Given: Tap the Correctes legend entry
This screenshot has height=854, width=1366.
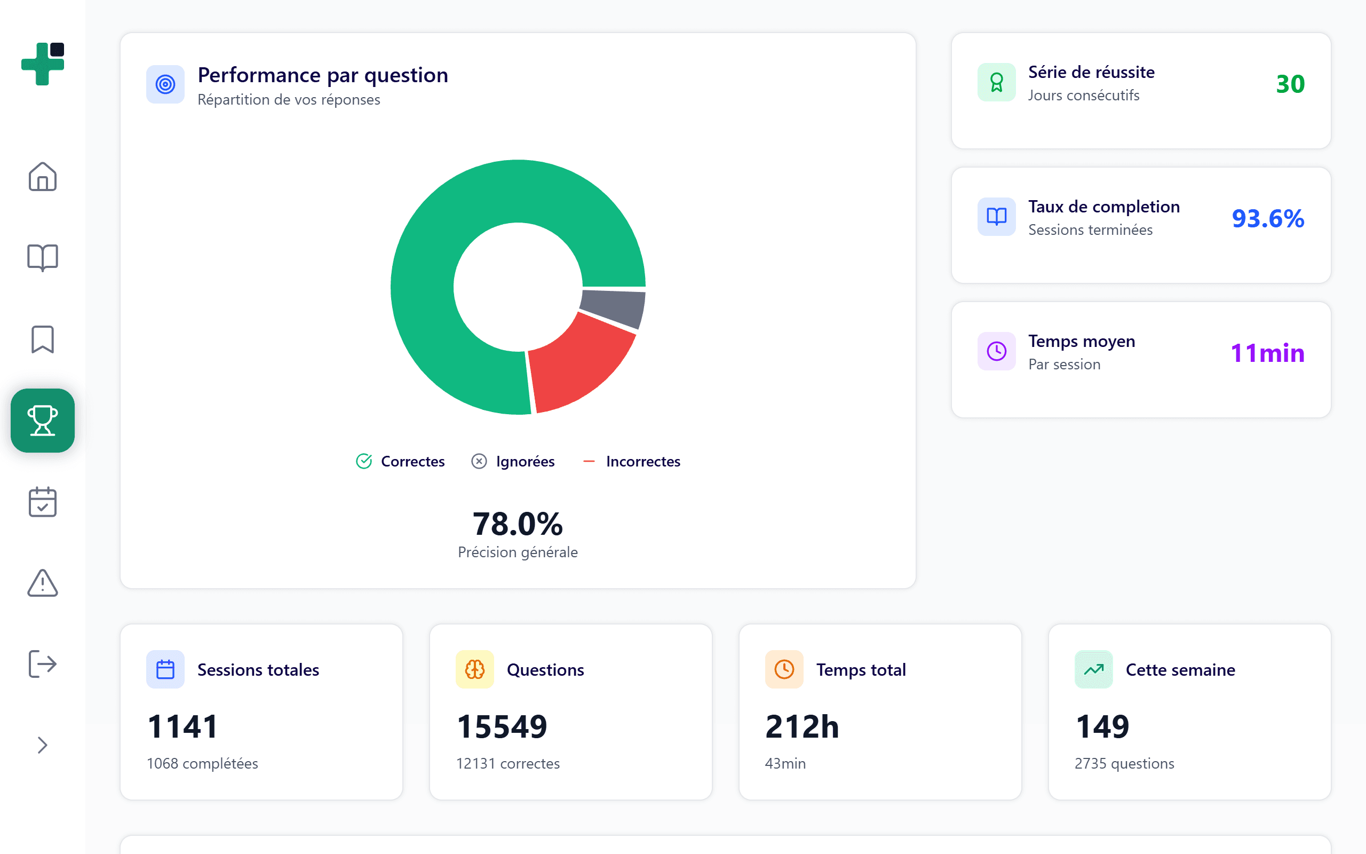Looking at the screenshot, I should pos(400,462).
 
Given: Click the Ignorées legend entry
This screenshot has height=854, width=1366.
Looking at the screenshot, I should pos(513,462).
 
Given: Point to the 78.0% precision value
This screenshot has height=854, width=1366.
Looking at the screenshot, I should pos(518,524).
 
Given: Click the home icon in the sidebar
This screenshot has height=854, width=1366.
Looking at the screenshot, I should pos(43,177).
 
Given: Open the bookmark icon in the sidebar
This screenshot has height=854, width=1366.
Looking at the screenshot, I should pos(43,339).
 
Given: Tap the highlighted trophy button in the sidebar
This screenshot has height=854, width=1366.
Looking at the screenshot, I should pos(43,421).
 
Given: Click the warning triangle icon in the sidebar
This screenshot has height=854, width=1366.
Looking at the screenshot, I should pos(43,583).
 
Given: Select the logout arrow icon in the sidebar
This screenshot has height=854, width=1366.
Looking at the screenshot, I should pos(43,663).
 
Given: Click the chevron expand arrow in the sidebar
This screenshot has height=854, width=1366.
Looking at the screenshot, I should pos(43,745).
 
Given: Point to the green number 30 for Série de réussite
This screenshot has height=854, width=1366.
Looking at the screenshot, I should pos(1290,84).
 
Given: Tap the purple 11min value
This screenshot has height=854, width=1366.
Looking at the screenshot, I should pos(1267,353).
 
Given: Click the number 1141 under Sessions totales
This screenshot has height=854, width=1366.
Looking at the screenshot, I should pos(182,726).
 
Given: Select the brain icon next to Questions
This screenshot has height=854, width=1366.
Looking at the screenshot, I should pos(475,669).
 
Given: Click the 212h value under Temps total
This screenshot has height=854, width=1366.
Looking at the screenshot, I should pos(801,726).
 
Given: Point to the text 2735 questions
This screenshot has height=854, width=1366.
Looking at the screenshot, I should pos(1124,764).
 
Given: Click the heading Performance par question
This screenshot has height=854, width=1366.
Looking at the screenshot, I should pos(323,75).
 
